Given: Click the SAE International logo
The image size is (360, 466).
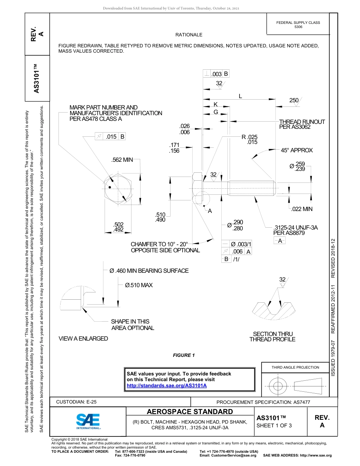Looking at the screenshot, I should (x=88, y=421).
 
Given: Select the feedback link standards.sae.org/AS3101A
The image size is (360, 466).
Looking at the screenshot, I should (x=166, y=385).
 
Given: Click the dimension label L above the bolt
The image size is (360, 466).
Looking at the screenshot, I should (x=240, y=96).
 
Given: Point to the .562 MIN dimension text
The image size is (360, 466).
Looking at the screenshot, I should (x=122, y=160).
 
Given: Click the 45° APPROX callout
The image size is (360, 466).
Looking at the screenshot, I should (x=296, y=150).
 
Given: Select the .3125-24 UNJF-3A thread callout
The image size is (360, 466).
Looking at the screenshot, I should (x=295, y=227).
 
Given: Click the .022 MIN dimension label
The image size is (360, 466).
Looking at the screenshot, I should (x=302, y=209).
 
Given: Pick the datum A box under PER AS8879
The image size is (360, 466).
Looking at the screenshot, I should (x=280, y=241).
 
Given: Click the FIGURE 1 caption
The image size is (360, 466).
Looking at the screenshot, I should (x=183, y=355).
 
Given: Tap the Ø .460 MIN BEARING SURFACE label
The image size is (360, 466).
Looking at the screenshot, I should (x=149, y=271).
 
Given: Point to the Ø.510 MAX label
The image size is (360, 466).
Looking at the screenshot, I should (x=139, y=285).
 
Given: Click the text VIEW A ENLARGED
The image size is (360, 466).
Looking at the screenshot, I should (x=83, y=338).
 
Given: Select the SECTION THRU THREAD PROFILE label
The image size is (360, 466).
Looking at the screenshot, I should (x=272, y=336).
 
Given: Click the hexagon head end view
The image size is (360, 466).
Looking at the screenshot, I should (x=118, y=189).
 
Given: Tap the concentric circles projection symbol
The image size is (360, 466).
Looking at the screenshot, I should (x=279, y=386).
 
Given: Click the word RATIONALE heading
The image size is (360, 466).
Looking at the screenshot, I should (x=189, y=34).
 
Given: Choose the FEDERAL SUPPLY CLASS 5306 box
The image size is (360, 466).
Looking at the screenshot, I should (x=298, y=25).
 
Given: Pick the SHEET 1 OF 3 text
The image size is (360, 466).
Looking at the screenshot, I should (x=274, y=425).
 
